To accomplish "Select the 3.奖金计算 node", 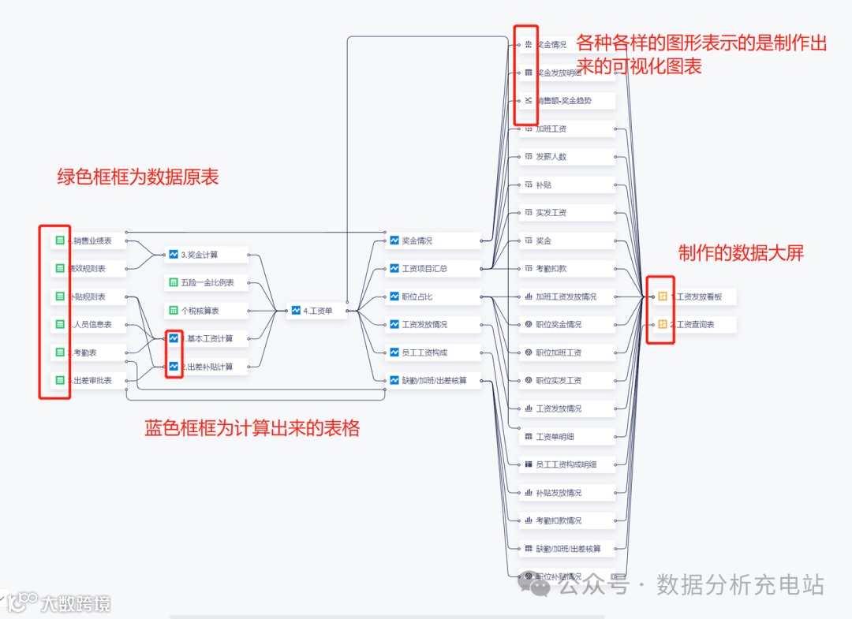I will point(204,255).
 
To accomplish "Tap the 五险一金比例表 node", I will point(207,282).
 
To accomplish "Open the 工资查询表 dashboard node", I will point(693,324).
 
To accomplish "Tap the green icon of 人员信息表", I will point(59,324).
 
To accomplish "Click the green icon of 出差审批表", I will point(59,380).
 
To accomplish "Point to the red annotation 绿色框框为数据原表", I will point(138,177).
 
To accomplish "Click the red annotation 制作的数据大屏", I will point(741,253).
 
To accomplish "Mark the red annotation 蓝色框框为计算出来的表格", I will point(252,428).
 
